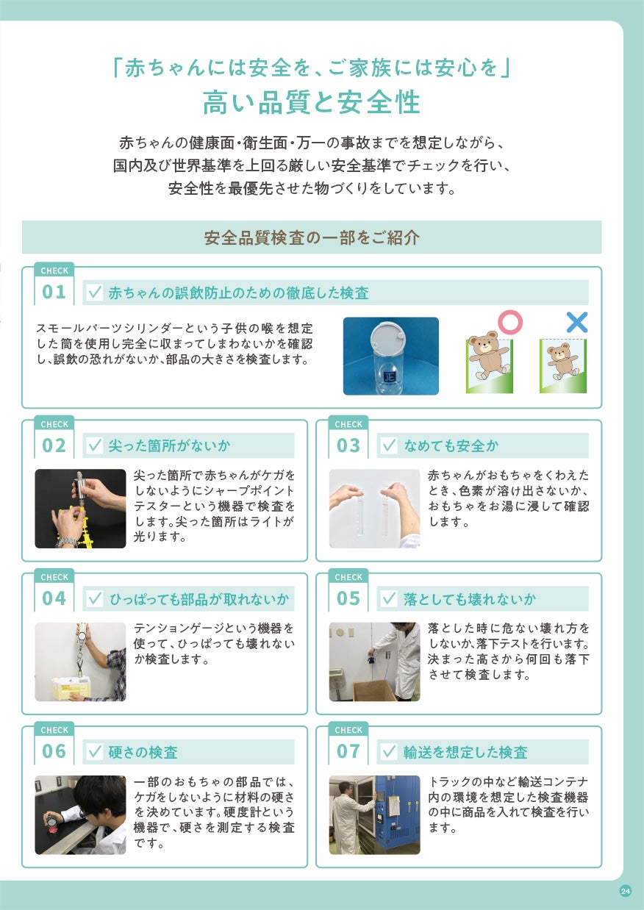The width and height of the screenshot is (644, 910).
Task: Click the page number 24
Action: (x=626, y=891)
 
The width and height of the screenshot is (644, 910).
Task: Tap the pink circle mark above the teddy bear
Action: (x=510, y=322)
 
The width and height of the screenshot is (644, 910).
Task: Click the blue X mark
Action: (x=577, y=323)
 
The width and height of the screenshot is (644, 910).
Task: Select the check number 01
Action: (x=54, y=292)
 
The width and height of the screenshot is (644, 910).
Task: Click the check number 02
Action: (x=54, y=445)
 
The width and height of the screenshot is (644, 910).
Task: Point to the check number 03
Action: (x=348, y=445)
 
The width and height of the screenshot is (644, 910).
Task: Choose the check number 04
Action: (x=54, y=598)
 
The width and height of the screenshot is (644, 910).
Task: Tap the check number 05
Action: (x=348, y=598)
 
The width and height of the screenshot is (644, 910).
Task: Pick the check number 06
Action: (x=54, y=751)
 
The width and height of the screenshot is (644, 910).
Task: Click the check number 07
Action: (x=348, y=751)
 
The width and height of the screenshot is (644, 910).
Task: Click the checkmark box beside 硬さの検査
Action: (x=95, y=751)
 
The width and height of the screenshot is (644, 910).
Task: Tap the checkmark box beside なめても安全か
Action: (x=389, y=445)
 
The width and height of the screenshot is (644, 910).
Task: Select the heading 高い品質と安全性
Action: (x=311, y=102)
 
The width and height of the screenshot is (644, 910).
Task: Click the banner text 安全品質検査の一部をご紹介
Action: (x=312, y=237)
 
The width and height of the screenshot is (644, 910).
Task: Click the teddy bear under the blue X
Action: (x=562, y=361)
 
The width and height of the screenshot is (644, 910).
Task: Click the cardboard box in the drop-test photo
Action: (x=375, y=690)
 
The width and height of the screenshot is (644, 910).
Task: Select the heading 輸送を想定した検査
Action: (x=465, y=752)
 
